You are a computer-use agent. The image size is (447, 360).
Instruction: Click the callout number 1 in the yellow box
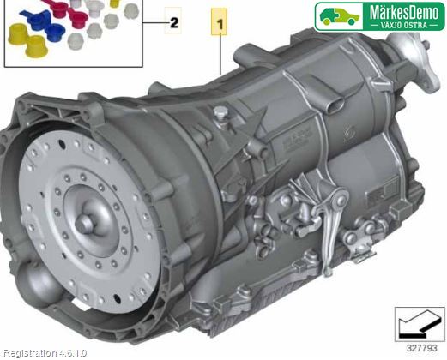pyautogui.click(x=220, y=24)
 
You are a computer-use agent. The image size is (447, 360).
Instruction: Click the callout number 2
pyautogui.click(x=174, y=22)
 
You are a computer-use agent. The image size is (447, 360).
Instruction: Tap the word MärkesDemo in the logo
pyautogui.click(x=404, y=12)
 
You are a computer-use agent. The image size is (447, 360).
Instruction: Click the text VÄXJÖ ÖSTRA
pyautogui.click(x=403, y=25)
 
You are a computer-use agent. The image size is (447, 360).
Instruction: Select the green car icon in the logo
pyautogui.click(x=339, y=16)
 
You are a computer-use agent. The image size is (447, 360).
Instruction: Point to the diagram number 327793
pyautogui.click(x=422, y=348)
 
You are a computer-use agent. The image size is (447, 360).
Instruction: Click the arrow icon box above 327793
pyautogui.click(x=420, y=324)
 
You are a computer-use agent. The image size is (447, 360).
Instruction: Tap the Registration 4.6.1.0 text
pyautogui.click(x=45, y=353)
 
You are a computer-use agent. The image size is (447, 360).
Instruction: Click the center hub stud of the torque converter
pyautogui.click(x=85, y=222)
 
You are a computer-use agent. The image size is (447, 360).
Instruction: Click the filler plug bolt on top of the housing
pyautogui.click(x=220, y=113)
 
